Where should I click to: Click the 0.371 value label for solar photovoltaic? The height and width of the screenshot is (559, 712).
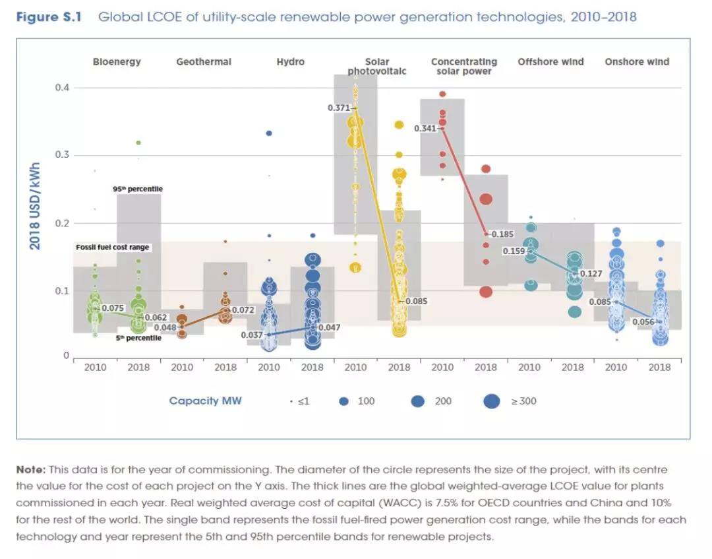pyautogui.click(x=339, y=108)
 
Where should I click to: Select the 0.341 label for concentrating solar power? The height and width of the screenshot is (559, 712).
pyautogui.click(x=425, y=129)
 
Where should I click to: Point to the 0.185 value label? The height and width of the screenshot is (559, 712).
pyautogui.click(x=502, y=234)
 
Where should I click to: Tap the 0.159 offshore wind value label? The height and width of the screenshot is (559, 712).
pyautogui.click(x=514, y=251)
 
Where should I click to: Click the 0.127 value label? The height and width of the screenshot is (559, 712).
pyautogui.click(x=591, y=273)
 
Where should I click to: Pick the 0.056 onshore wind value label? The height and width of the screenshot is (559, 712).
pyautogui.click(x=643, y=322)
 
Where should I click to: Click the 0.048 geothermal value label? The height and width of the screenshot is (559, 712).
pyautogui.click(x=165, y=327)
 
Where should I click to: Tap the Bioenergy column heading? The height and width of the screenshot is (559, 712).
pyautogui.click(x=117, y=62)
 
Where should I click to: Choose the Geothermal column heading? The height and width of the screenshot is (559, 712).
pyautogui.click(x=204, y=62)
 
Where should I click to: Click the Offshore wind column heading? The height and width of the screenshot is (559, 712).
pyautogui.click(x=550, y=62)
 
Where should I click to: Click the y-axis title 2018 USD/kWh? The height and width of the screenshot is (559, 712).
pyautogui.click(x=35, y=206)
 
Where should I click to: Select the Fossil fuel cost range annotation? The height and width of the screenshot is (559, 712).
pyautogui.click(x=113, y=247)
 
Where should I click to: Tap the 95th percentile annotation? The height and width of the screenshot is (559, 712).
pyautogui.click(x=138, y=189)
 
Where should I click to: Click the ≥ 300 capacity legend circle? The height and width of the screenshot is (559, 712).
pyautogui.click(x=491, y=401)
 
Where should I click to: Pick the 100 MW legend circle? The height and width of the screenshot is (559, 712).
pyautogui.click(x=343, y=401)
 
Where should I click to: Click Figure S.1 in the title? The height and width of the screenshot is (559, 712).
pyautogui.click(x=48, y=16)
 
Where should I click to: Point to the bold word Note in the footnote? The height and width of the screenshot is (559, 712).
pyautogui.click(x=30, y=469)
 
